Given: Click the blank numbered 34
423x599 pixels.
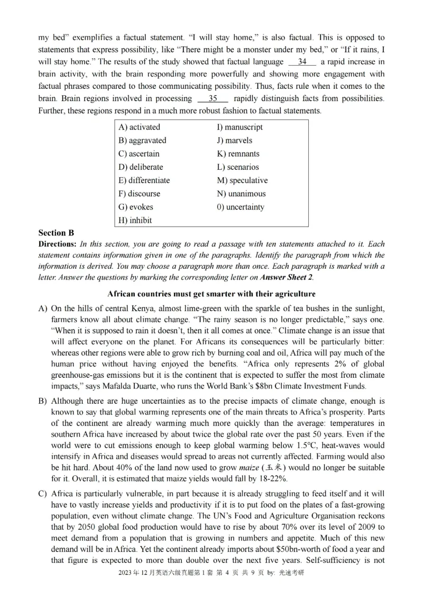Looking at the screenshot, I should pyautogui.click(x=302, y=62).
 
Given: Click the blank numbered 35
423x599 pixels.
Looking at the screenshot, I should pyautogui.click(x=213, y=98).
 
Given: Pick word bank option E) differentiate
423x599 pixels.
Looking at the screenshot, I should pyautogui.click(x=144, y=180).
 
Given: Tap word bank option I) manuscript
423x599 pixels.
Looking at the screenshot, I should pyautogui.click(x=240, y=127).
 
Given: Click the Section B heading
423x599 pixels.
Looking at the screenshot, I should pyautogui.click(x=56, y=233).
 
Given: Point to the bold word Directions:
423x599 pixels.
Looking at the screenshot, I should pyautogui.click(x=58, y=244).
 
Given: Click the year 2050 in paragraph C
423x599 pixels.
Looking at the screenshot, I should pyautogui.click(x=76, y=527).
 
